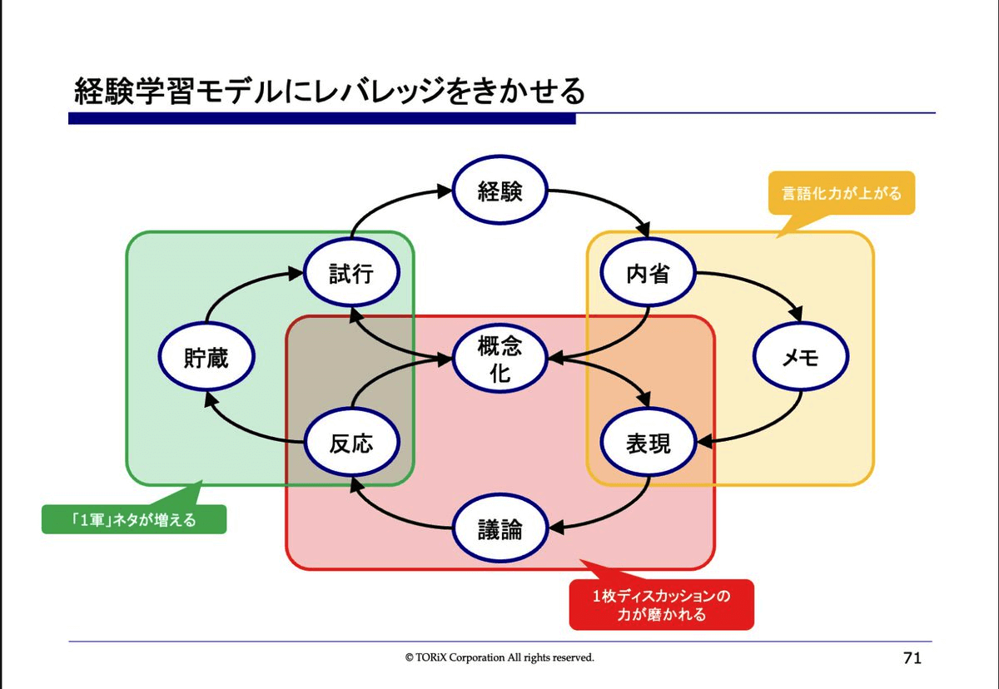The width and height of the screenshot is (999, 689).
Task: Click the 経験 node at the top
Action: (499, 192)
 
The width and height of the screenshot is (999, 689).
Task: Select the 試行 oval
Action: (350, 274)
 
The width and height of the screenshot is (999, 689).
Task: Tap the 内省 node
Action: (648, 274)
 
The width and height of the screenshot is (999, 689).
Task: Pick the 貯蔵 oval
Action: (206, 358)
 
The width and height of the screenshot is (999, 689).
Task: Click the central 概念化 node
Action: (499, 359)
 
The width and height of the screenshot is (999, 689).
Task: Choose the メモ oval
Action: (800, 358)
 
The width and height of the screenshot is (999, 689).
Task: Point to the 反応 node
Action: (350, 444)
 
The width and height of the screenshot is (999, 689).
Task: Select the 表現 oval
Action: (648, 444)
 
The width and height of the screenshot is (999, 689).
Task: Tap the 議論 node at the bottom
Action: (499, 529)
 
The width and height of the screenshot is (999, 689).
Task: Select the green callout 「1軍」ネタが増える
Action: (134, 519)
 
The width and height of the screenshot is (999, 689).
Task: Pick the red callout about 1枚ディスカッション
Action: (661, 605)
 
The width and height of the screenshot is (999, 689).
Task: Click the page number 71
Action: (912, 658)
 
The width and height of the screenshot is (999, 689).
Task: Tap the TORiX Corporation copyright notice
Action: (499, 657)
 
